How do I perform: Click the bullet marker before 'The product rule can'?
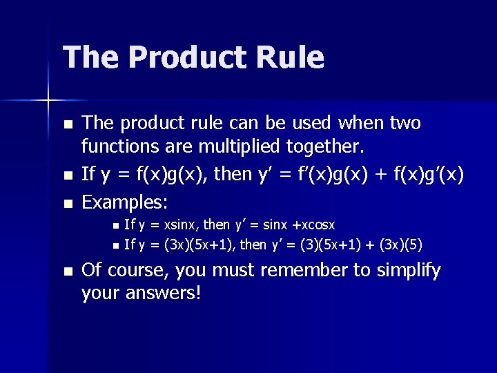66,125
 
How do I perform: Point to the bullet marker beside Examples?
66,204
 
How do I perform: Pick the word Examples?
126,202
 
